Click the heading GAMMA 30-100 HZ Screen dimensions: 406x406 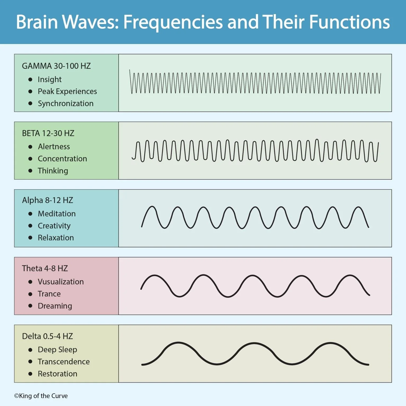[56, 66]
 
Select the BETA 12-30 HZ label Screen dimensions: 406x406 [48, 133]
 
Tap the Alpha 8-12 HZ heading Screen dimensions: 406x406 [48, 200]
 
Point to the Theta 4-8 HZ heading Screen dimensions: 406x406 [45, 268]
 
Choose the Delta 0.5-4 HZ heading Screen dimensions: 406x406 [47, 336]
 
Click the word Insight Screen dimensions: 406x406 [50, 79]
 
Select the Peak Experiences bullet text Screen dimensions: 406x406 [67, 91]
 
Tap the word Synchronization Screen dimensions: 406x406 [66, 103]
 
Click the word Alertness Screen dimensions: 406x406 [54, 147]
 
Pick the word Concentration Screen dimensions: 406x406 [62, 159]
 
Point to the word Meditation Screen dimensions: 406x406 [57, 214]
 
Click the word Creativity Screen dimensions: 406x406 [54, 226]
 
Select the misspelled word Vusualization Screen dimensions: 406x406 [61, 282]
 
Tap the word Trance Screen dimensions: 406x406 [49, 294]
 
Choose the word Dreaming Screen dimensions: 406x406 [55, 306]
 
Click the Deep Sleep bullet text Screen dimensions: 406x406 [57, 349]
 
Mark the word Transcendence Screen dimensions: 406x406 [64, 362]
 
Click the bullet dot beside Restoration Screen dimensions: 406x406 [30, 374]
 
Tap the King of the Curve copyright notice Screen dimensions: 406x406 [41, 396]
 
